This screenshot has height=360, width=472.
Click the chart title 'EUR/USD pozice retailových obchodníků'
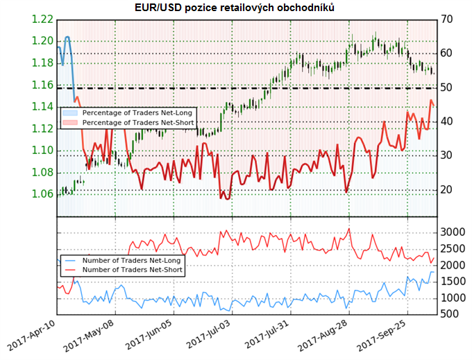point(236,7)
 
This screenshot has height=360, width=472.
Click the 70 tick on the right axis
point(448,19)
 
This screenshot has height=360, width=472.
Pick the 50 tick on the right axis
point(448,87)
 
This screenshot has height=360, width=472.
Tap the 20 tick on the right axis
point(448,189)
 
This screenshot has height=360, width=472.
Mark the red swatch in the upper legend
point(70,122)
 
